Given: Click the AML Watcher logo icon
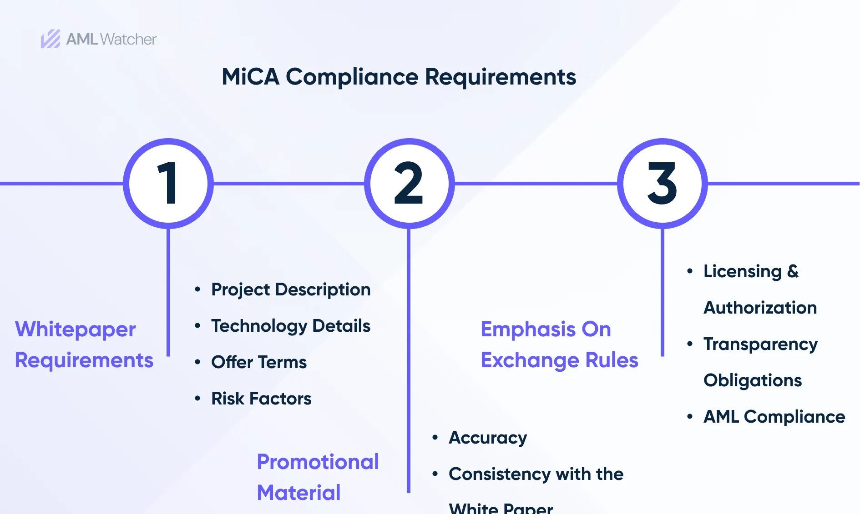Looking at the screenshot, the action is (51, 39).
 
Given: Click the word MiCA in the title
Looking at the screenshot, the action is (250, 77).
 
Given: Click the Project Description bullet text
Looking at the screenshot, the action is (291, 290).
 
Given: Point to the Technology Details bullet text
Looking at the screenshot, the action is (291, 326).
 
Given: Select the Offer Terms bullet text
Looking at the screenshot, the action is (259, 362).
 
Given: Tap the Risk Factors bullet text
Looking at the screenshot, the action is (261, 399).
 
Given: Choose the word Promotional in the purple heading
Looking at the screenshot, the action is (318, 462).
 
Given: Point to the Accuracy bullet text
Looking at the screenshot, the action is (488, 438).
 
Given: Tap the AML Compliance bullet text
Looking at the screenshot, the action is (774, 417).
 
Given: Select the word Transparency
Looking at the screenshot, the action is (760, 344).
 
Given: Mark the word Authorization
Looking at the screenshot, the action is (760, 308).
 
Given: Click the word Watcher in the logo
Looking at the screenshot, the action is (128, 40).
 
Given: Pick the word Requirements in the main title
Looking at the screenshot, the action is (501, 77).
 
